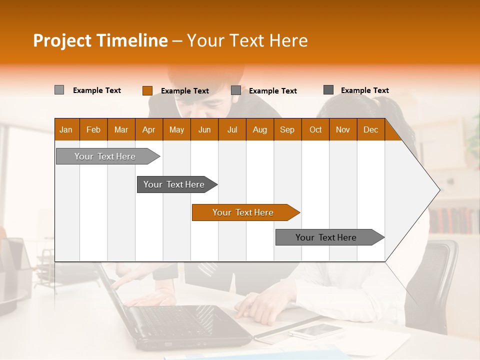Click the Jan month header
pos(66,130)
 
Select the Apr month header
pos(148,130)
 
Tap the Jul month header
pos(232,130)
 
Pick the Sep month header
pos(287,130)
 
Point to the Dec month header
pos(370,130)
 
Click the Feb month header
pos(93,130)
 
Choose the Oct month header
pos(315,130)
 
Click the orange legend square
pos(147,90)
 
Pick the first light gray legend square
pos(59,90)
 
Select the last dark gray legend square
pos(328,90)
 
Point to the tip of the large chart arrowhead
pos(439,189)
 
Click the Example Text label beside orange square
pos(185,91)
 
